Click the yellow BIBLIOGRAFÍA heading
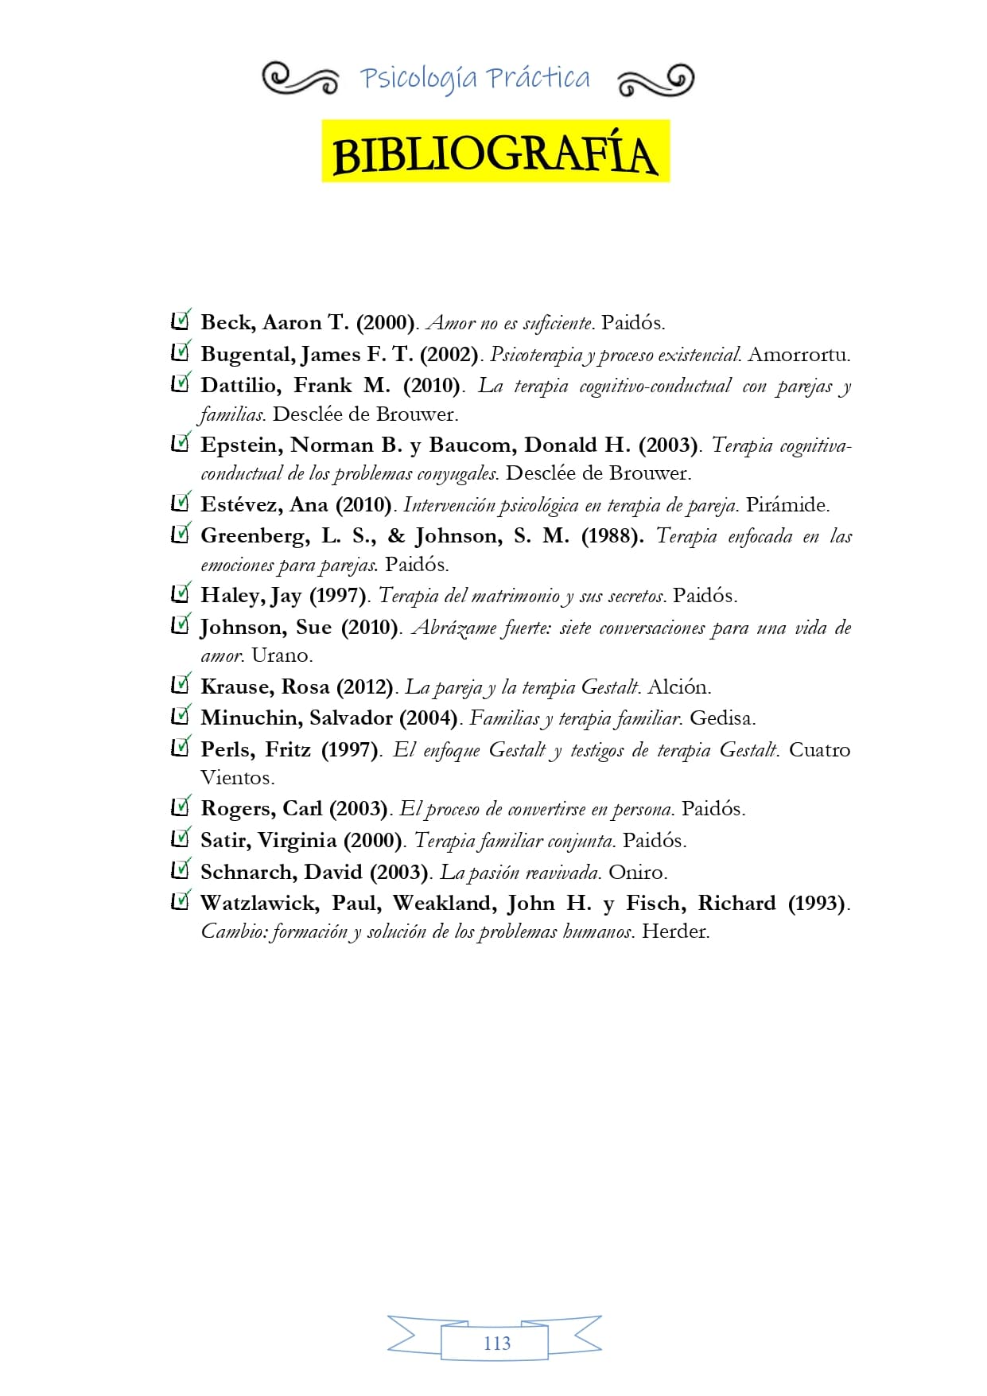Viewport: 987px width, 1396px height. (x=495, y=153)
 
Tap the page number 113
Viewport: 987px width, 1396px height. (x=496, y=1343)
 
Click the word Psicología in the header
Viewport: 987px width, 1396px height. (x=418, y=79)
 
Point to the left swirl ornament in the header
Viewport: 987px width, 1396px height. (x=300, y=79)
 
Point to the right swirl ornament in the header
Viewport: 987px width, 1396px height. (x=655, y=80)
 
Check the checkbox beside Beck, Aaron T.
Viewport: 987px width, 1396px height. (x=181, y=321)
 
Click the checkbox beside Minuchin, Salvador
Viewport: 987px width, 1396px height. (x=181, y=716)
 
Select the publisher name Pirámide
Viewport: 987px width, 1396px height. (x=787, y=505)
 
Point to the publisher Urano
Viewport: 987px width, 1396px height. (x=282, y=655)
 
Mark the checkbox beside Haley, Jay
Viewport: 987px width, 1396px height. (x=181, y=593)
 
